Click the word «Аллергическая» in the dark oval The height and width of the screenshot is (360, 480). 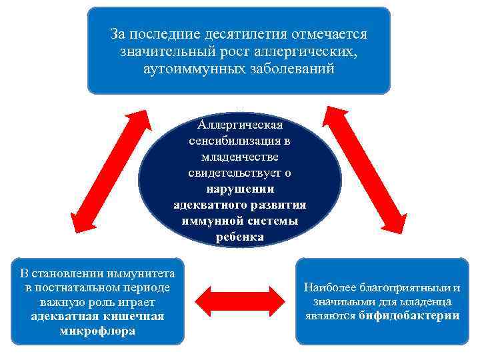(x=240, y=125)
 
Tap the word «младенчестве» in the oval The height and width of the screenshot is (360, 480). (x=239, y=157)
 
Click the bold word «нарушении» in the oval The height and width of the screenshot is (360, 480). (x=240, y=189)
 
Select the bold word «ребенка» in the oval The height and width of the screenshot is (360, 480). (x=240, y=237)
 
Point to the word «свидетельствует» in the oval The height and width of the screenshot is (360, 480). (x=233, y=173)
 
